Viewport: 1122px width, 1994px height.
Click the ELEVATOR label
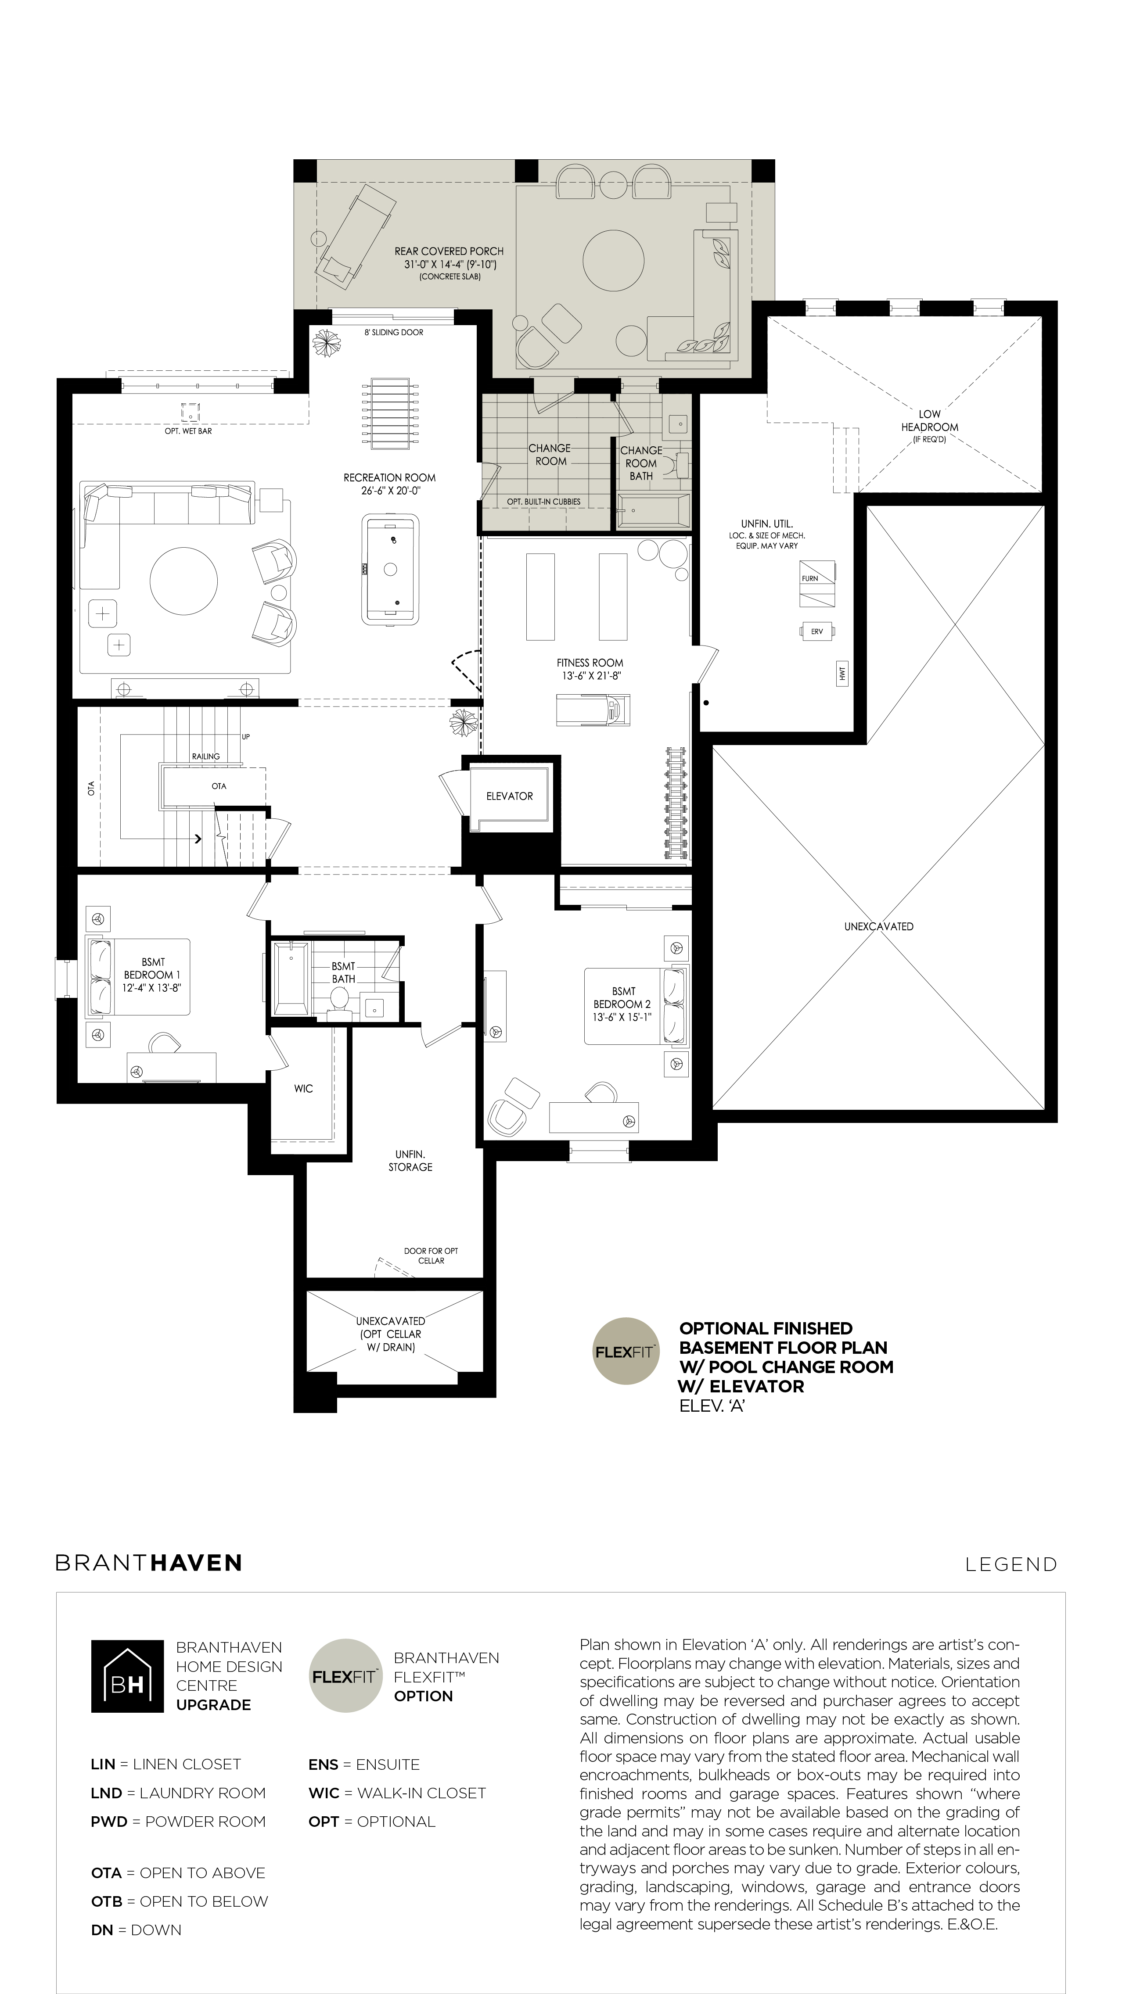510,796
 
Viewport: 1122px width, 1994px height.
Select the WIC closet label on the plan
303,1088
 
